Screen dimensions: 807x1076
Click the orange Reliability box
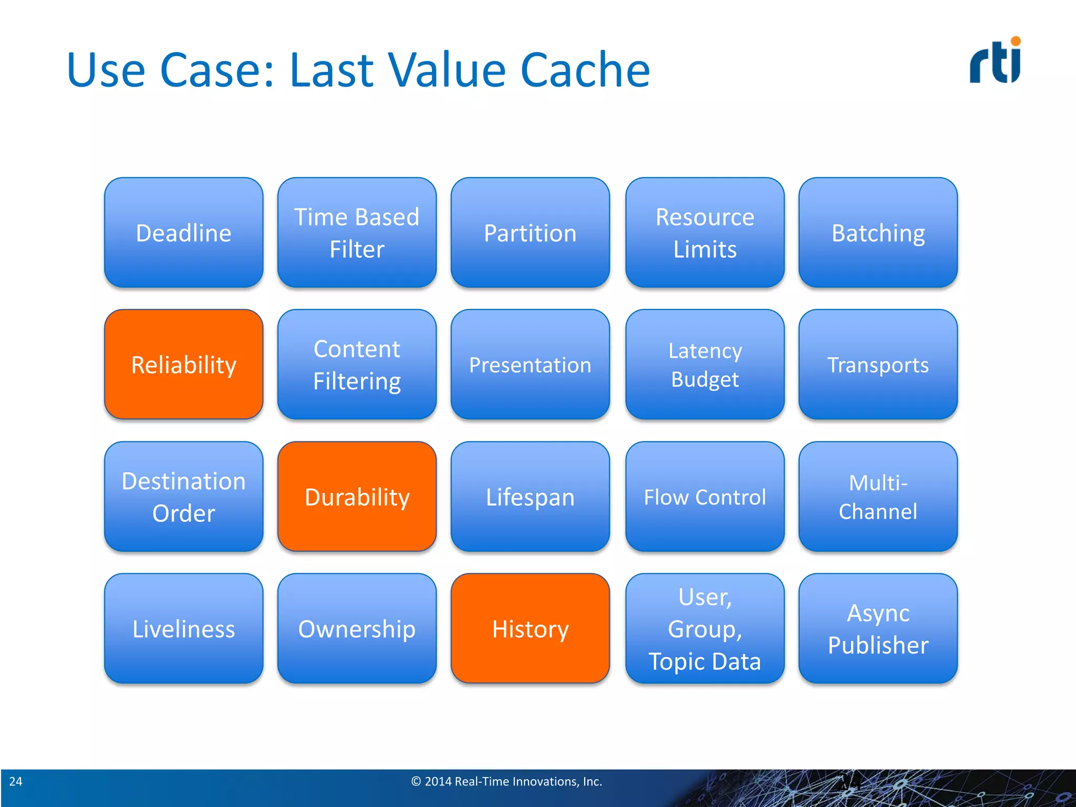coord(183,364)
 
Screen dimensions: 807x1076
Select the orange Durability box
coord(357,496)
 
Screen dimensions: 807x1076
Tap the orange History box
coord(530,628)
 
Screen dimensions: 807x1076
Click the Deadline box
coord(183,232)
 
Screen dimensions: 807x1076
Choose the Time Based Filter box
coord(357,232)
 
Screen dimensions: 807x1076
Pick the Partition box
coord(530,232)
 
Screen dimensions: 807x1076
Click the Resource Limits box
coord(705,232)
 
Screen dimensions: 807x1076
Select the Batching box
coord(878,232)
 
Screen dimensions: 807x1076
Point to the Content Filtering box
coord(357,364)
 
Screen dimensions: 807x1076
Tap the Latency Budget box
coord(705,364)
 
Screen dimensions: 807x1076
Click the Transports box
coord(878,364)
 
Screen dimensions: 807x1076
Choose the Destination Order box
coord(183,496)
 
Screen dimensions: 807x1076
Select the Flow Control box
coord(705,496)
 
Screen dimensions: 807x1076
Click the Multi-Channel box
coord(878,496)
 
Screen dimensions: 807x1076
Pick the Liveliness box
coord(183,628)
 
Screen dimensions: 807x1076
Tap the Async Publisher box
coord(878,628)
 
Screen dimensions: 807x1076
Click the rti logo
coord(995,60)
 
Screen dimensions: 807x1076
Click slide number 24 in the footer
coord(16,781)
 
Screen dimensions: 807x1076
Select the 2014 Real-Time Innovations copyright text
coord(506,781)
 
